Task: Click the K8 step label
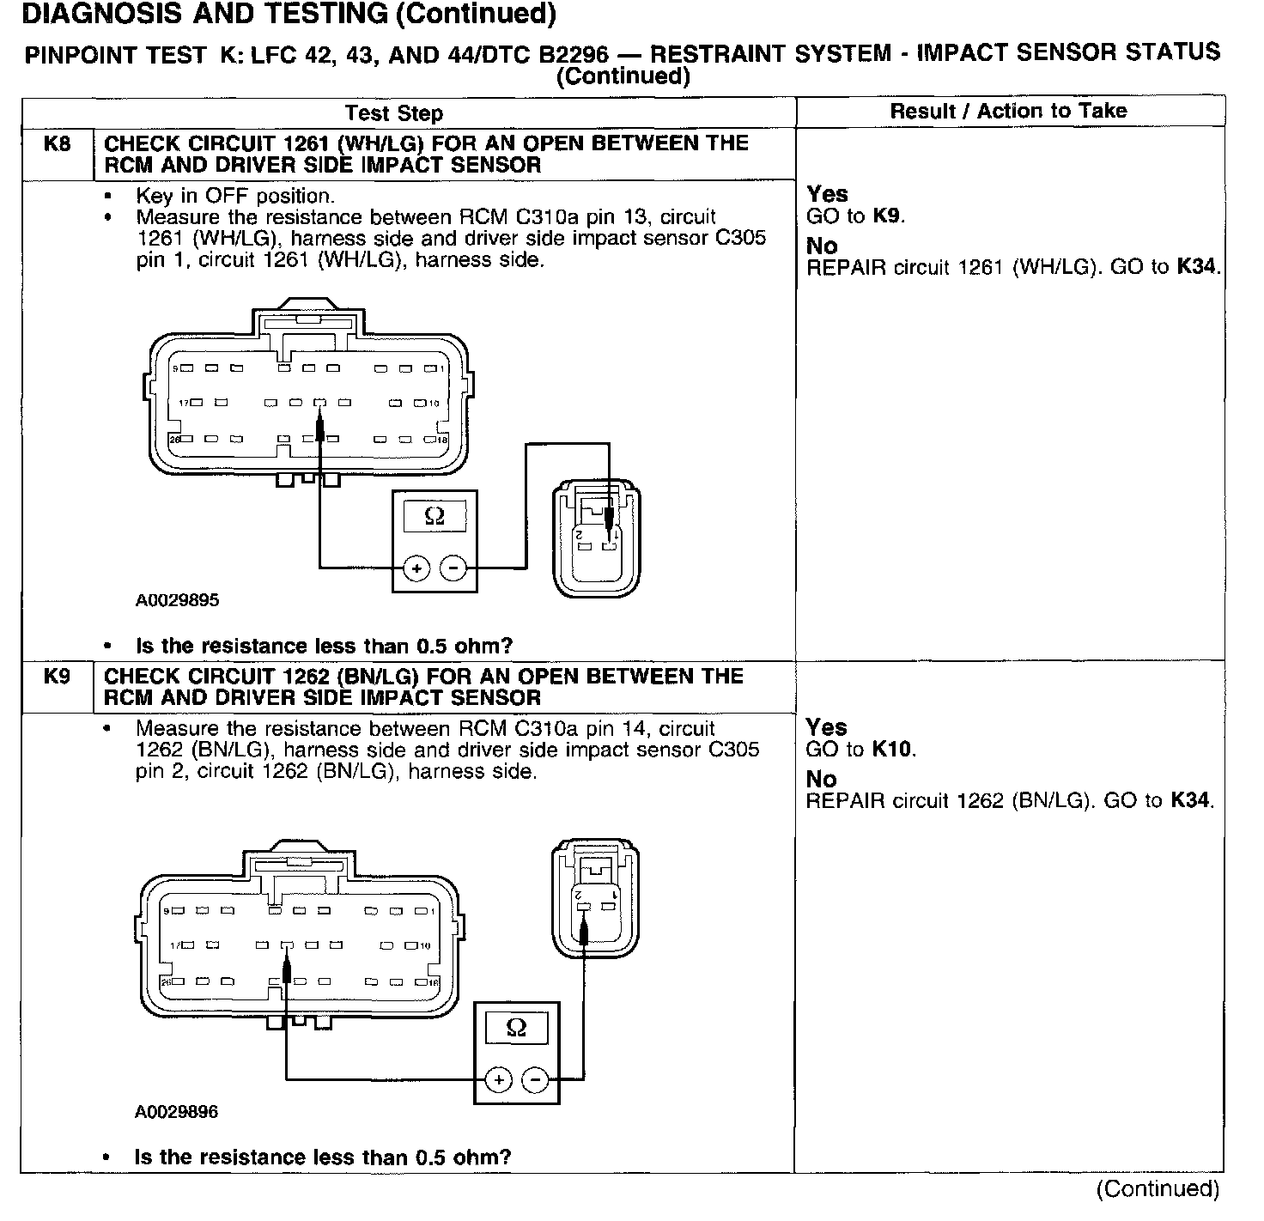coord(57,143)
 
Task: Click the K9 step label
coord(57,677)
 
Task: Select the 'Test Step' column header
coord(393,113)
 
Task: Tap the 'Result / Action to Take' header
coord(1008,111)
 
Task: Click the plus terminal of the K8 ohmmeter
coord(416,568)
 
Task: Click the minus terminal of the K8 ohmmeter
coord(453,568)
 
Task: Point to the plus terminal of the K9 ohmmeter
coord(498,1079)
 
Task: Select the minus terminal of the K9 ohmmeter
coord(535,1079)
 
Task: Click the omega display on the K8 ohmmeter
coord(434,517)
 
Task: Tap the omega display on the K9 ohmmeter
coord(516,1028)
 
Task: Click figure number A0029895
coord(177,600)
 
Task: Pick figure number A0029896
coord(177,1112)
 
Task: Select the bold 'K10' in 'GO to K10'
coord(890,750)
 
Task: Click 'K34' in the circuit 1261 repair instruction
coord(1196,267)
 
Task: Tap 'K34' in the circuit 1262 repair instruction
coord(1189,801)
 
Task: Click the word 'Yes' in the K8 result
coord(827,194)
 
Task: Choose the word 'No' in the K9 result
coord(821,780)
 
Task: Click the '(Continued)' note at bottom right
coord(1158,1188)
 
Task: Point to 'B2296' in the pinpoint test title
coord(573,55)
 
